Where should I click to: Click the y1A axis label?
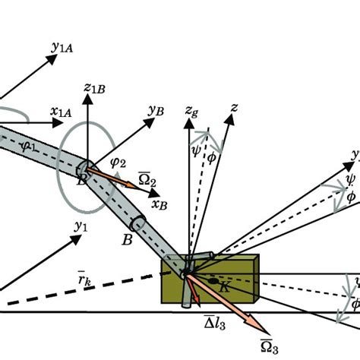tap(63, 48)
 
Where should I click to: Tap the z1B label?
tap(95, 90)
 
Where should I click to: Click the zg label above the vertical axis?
tap(192, 112)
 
